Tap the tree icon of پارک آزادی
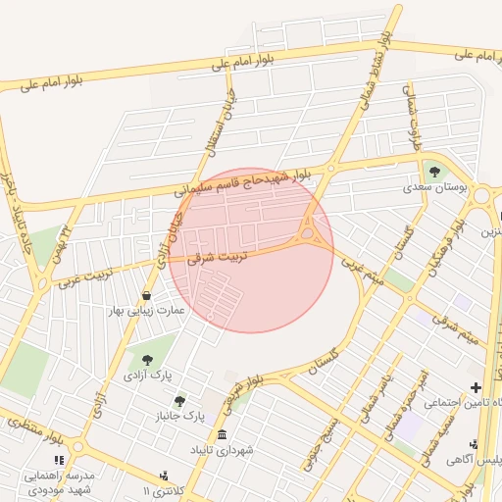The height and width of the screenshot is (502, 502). tap(147, 359)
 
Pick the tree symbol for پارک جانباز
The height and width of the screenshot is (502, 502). tap(179, 400)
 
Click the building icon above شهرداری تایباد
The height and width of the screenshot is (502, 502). tap(223, 434)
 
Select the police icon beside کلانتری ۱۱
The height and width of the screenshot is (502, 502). tap(164, 476)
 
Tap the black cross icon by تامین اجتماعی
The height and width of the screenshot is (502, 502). tap(477, 387)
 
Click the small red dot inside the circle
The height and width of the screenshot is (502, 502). tap(209, 318)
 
